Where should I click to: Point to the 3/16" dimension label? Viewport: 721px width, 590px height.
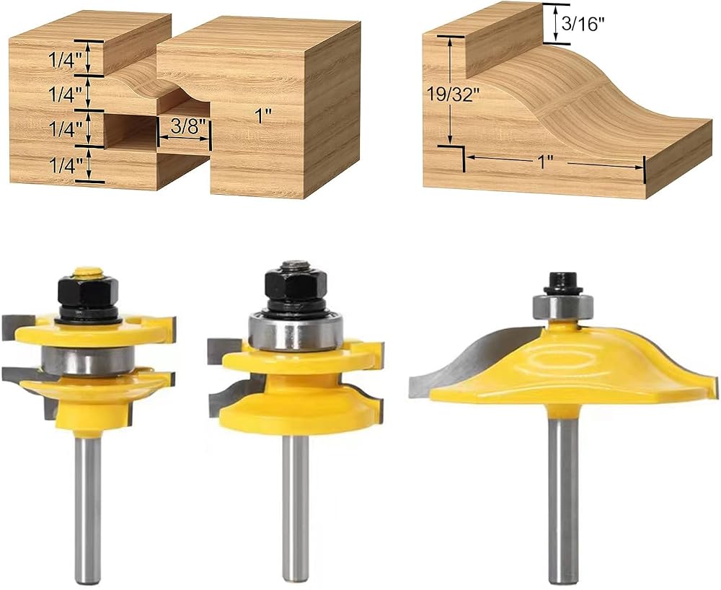point(581,24)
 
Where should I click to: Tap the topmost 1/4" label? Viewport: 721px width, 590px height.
point(66,61)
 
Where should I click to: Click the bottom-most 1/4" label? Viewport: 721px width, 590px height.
point(66,164)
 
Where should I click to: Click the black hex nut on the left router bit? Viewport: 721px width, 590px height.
point(88,292)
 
